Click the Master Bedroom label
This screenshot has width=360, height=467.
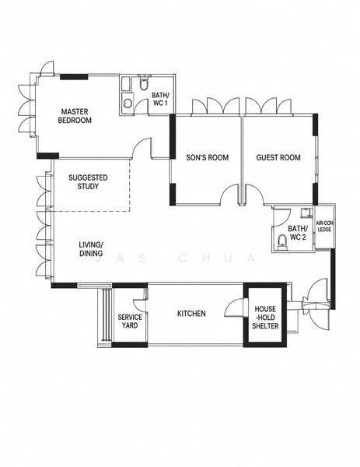point(75,116)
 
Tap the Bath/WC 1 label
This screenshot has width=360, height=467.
point(160,99)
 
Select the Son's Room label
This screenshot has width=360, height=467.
point(208,157)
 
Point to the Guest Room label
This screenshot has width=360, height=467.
point(278,157)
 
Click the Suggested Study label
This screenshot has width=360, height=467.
point(88,182)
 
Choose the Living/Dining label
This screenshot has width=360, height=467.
point(91,249)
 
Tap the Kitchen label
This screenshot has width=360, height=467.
point(191,314)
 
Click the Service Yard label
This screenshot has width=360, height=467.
point(130,321)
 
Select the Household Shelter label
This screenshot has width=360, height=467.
point(265,318)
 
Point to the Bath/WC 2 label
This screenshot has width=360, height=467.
point(297,233)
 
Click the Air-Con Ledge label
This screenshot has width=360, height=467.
point(323,226)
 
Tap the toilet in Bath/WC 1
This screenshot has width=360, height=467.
point(144,83)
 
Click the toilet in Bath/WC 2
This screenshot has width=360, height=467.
point(282,242)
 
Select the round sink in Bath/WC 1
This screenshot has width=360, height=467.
point(128,104)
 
